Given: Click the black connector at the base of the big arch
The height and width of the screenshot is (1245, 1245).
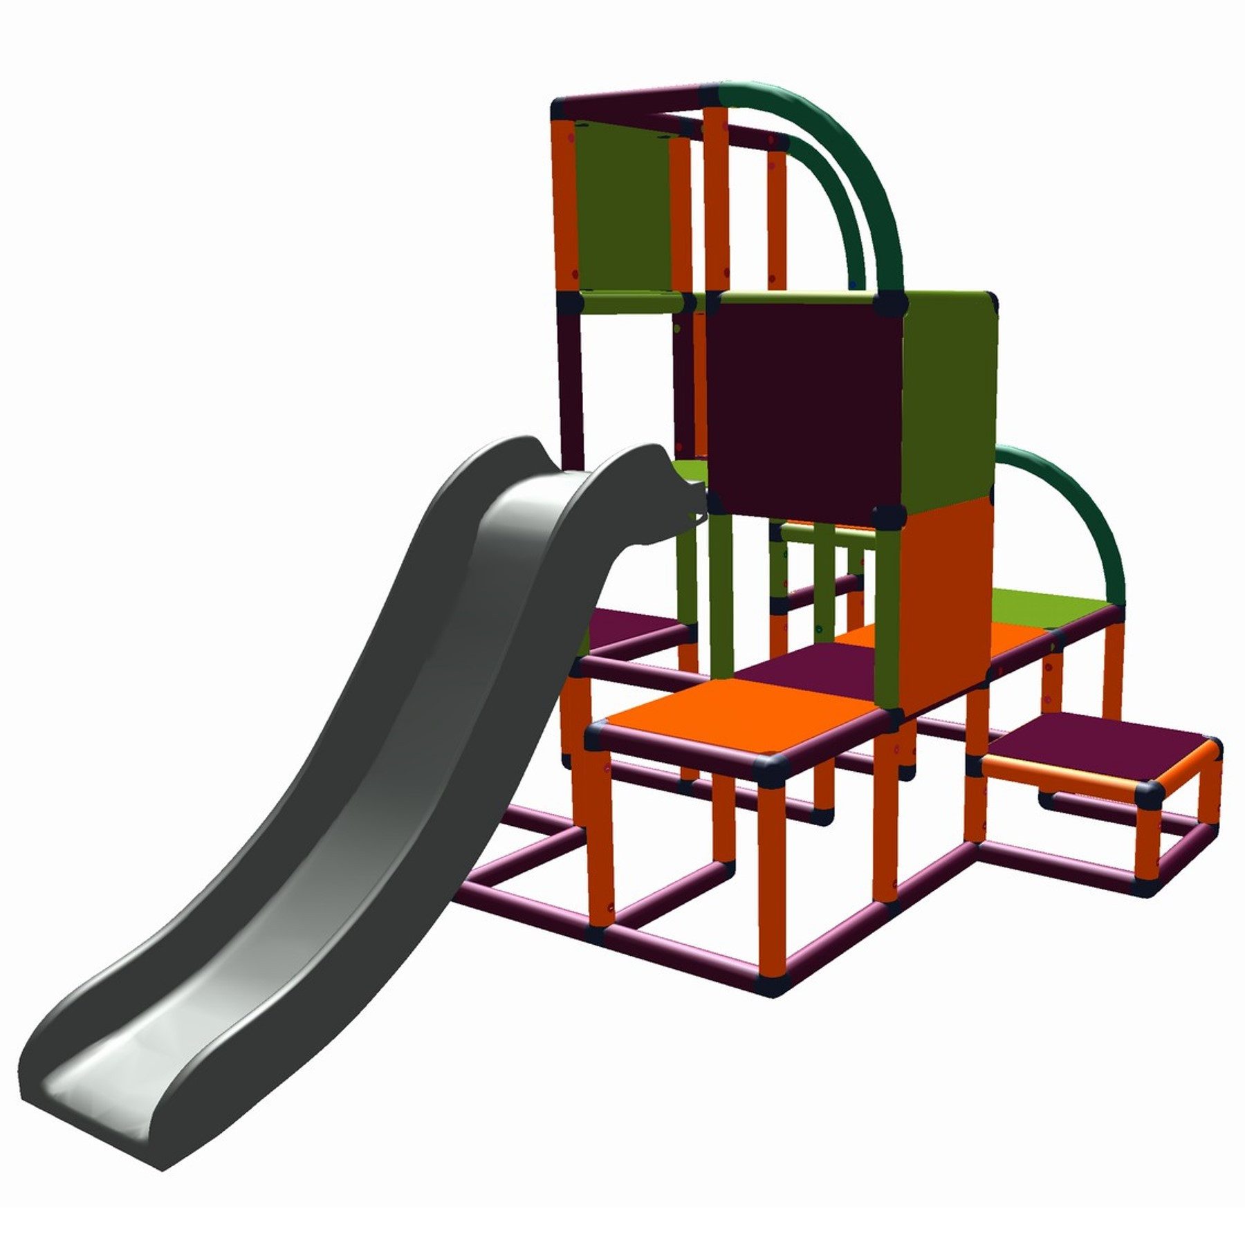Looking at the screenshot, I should [x=890, y=302].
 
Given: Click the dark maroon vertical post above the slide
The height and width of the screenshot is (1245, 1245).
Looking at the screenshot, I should [x=571, y=387].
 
